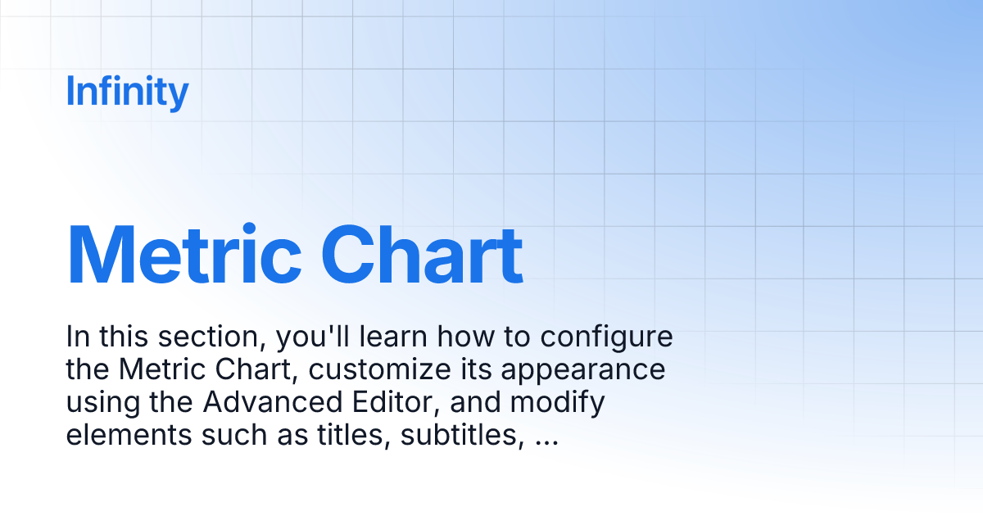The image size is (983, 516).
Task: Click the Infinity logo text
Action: pos(127,92)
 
